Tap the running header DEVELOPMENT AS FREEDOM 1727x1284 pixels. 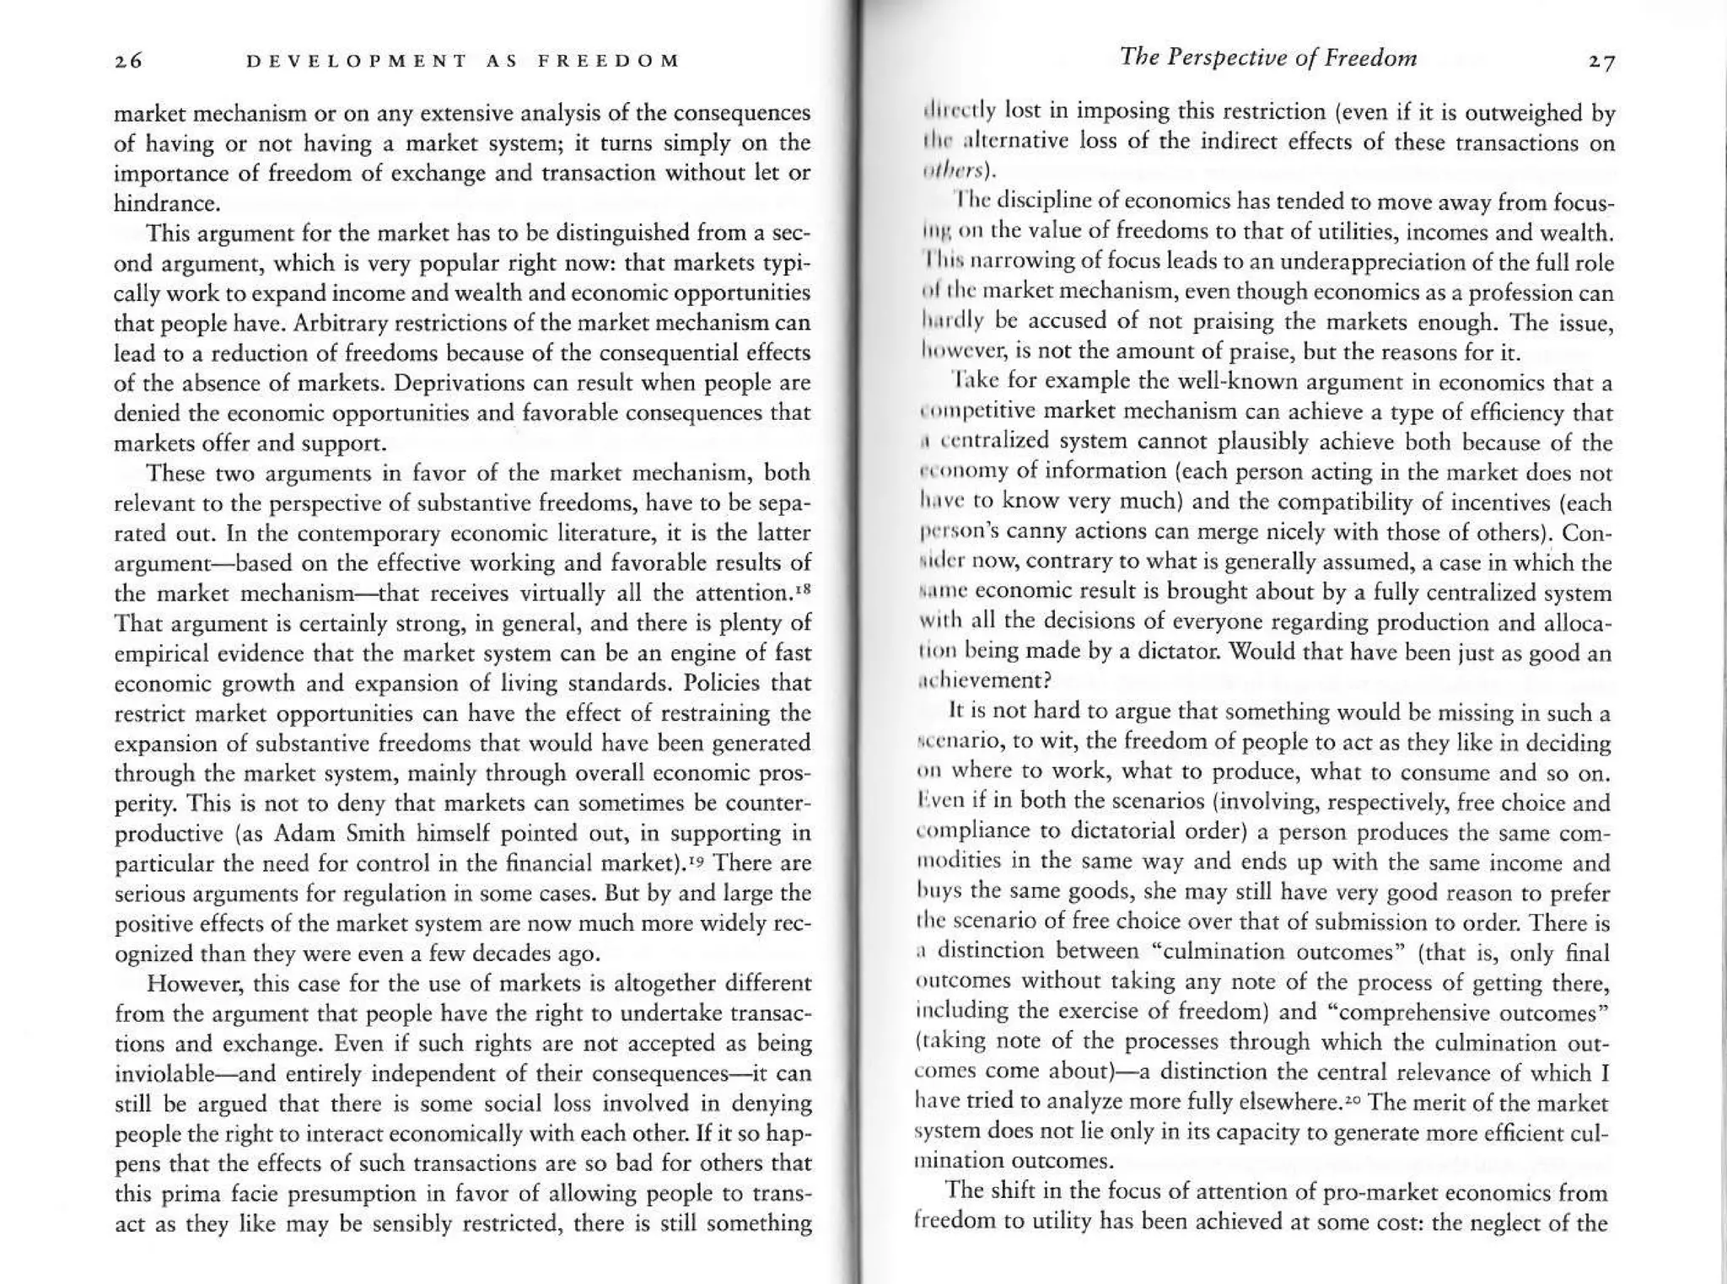pyautogui.click(x=462, y=62)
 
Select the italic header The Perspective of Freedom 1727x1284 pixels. pyautogui.click(x=1268, y=57)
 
